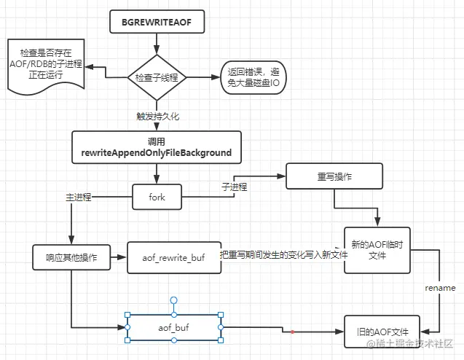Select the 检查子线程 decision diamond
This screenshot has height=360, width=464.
pos(157,77)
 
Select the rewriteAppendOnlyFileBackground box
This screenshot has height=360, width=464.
pos(157,146)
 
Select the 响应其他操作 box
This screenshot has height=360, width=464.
pos(71,258)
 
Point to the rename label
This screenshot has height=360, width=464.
pos(440,288)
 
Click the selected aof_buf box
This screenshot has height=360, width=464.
pos(174,328)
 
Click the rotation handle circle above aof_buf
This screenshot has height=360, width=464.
pos(174,300)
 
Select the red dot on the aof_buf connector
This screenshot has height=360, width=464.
pos(292,332)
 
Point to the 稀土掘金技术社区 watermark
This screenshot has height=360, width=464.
pos(412,343)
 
